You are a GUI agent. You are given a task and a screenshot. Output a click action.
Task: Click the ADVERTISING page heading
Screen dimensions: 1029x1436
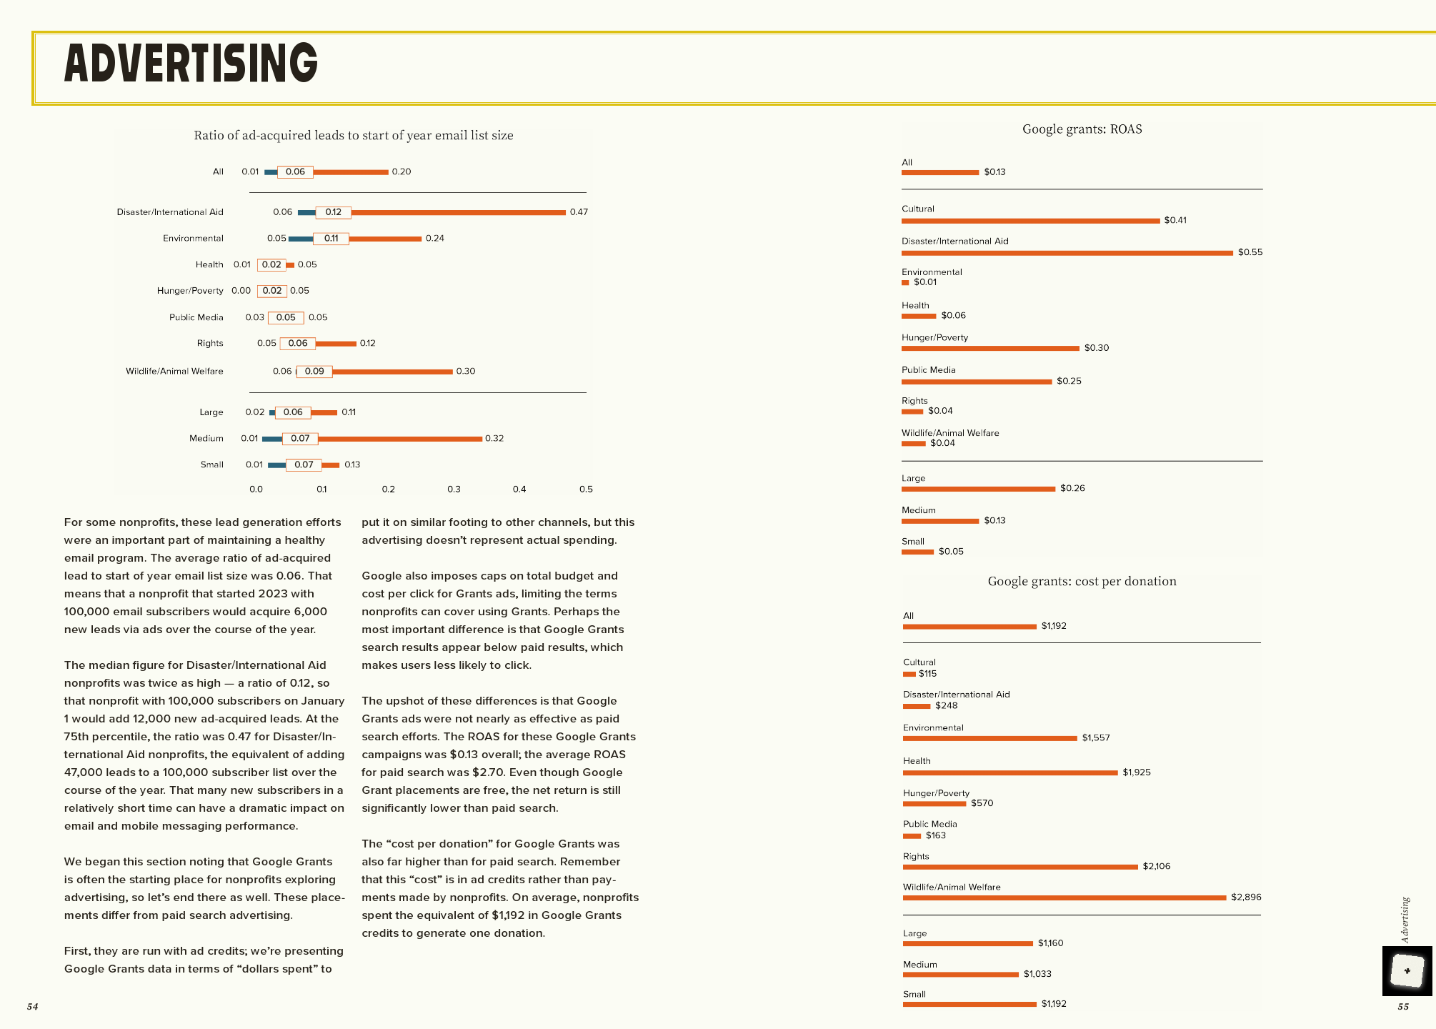click(x=191, y=64)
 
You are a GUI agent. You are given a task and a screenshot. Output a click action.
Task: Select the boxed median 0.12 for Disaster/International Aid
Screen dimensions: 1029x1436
click(x=333, y=212)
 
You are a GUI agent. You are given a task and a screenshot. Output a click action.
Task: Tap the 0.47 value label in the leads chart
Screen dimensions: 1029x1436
click(x=579, y=212)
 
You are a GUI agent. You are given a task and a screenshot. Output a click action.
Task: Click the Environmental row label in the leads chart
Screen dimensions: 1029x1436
click(x=193, y=239)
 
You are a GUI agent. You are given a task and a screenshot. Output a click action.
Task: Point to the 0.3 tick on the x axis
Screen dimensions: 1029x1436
click(x=454, y=489)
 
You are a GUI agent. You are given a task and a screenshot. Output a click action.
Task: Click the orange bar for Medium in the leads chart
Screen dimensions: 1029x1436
click(x=400, y=439)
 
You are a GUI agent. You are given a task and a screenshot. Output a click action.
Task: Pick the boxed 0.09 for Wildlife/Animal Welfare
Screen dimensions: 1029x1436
click(x=314, y=372)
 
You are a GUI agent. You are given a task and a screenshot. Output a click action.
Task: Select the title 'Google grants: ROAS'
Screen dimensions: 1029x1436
click(x=1082, y=129)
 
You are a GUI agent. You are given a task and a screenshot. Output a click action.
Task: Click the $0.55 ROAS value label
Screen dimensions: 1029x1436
click(x=1250, y=252)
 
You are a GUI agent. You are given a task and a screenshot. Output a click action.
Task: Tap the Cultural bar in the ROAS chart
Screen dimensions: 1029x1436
click(x=1030, y=221)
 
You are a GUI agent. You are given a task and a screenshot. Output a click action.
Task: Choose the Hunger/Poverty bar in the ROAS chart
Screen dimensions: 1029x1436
click(x=990, y=349)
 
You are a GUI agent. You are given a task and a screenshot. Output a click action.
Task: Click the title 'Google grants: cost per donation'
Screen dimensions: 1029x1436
click(x=1082, y=582)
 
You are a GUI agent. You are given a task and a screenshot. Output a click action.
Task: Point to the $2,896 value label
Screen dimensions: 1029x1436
click(x=1245, y=898)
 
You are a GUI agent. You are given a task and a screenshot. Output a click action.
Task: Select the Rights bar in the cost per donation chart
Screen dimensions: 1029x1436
click(x=1020, y=868)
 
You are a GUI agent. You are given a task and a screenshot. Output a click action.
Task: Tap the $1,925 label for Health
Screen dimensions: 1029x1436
click(x=1136, y=772)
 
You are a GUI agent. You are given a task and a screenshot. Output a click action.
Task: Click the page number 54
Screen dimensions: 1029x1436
click(x=32, y=1007)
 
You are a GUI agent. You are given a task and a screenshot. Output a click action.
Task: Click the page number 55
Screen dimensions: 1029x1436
click(x=1403, y=1007)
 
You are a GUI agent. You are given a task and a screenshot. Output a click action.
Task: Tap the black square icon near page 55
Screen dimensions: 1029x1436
click(x=1407, y=971)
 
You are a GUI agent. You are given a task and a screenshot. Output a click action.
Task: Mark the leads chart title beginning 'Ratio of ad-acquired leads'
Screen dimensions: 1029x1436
click(x=354, y=136)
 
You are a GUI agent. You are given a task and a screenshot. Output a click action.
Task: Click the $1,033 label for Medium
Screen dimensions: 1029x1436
click(x=1037, y=974)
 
